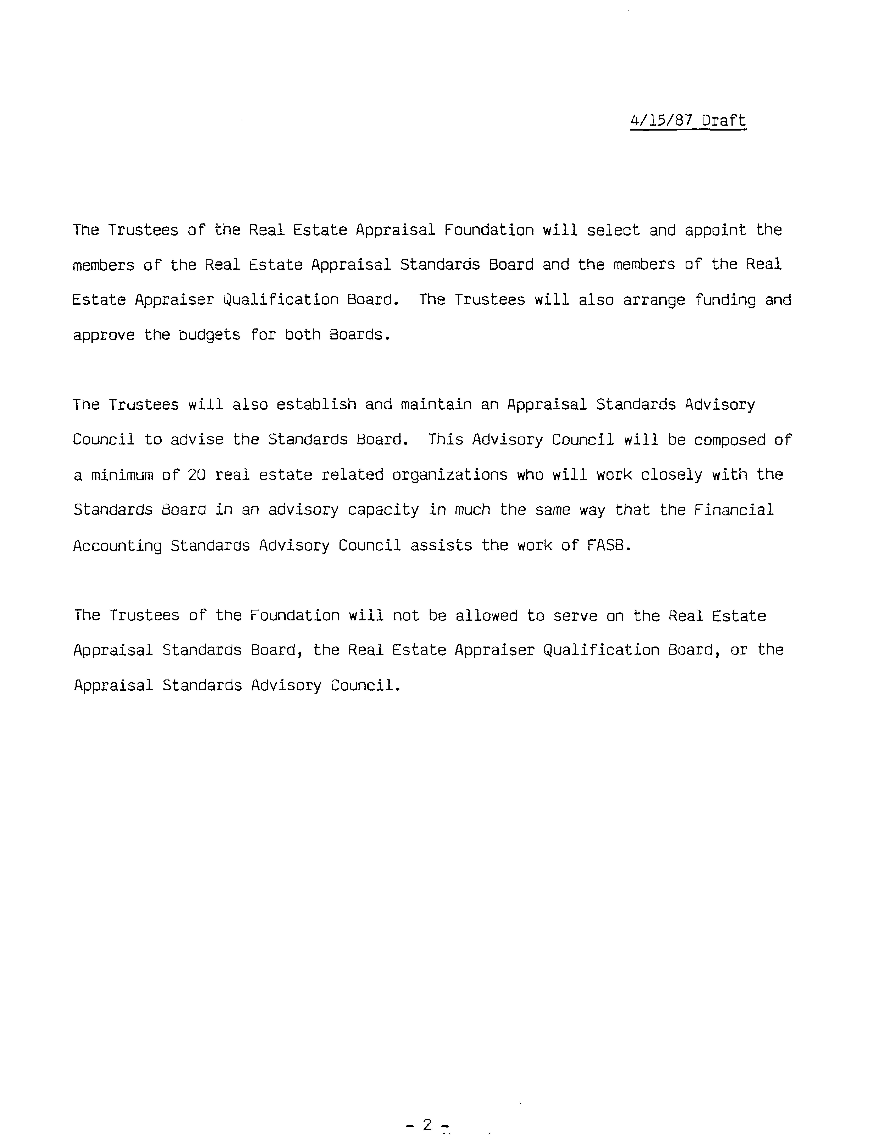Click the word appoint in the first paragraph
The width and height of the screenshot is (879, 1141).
click(x=716, y=230)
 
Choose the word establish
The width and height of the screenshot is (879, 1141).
click(x=316, y=405)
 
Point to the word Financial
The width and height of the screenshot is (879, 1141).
click(x=733, y=510)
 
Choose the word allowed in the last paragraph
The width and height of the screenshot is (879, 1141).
click(x=486, y=616)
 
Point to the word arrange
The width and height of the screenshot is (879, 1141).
click(x=654, y=300)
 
